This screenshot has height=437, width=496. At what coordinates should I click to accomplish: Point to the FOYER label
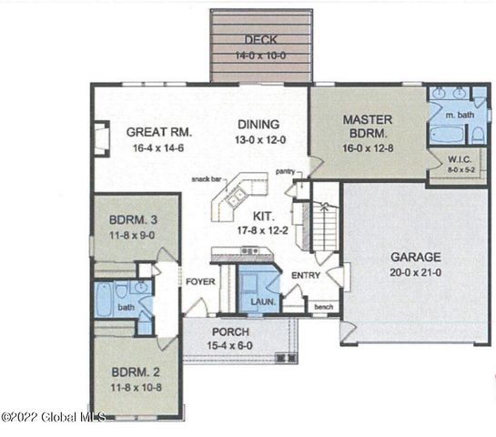(199, 282)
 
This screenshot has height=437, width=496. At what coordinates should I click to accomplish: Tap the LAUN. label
(256, 301)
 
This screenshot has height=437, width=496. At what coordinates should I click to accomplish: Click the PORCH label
(229, 332)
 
